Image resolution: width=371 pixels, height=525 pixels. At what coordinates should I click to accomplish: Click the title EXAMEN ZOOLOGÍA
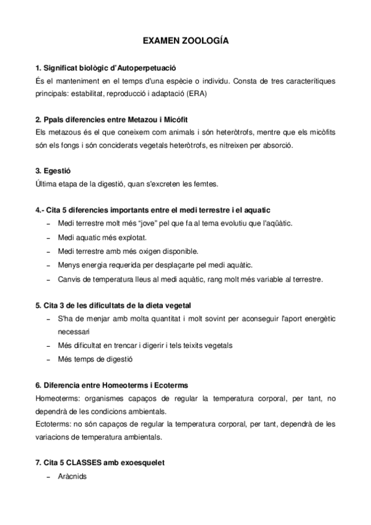pos(186,41)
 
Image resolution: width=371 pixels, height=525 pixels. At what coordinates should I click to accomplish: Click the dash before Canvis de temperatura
pos(49,280)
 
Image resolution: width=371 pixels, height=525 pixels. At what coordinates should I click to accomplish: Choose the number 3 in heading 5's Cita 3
pos(59,305)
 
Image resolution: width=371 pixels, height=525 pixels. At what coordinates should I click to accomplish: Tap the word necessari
pos(73,332)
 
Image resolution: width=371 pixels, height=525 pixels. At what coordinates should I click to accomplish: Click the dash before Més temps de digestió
pos(49,359)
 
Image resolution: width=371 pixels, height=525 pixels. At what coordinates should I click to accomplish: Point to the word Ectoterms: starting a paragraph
pos(54,424)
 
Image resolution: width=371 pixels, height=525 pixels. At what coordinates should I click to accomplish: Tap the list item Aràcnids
pos(72,477)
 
